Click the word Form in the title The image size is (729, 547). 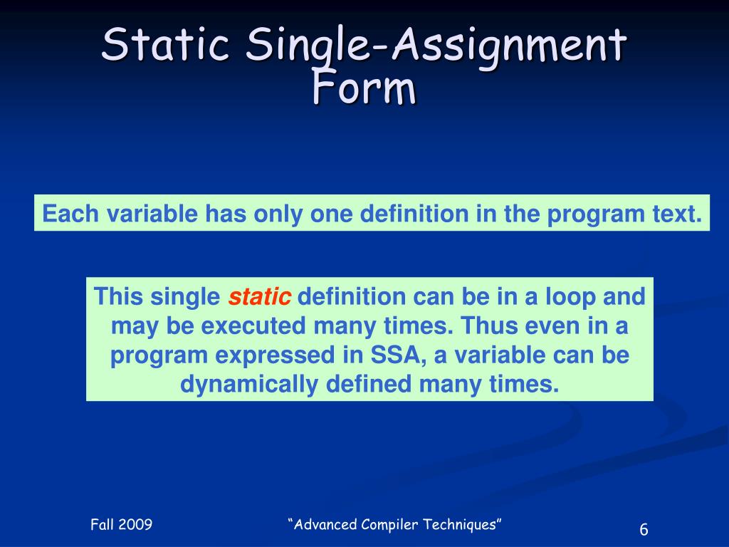[364, 88]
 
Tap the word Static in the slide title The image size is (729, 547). [165, 44]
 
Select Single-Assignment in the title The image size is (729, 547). [436, 46]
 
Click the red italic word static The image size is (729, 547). [259, 297]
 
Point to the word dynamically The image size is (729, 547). [249, 385]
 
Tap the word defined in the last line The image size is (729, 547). [369, 384]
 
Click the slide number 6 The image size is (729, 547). [644, 529]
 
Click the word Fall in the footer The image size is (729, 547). [102, 525]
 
